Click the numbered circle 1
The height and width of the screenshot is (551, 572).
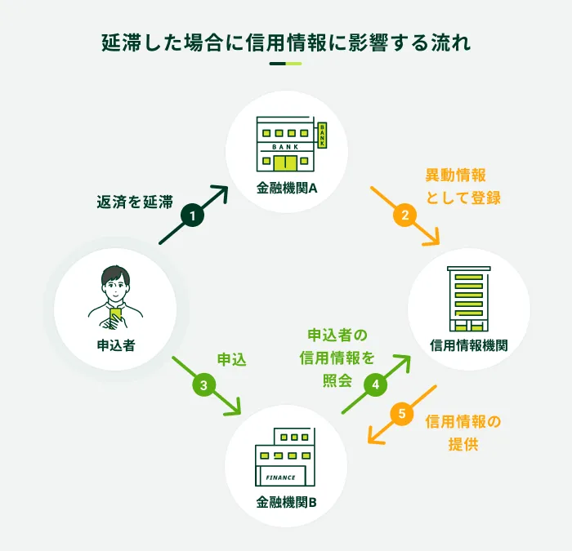(192, 216)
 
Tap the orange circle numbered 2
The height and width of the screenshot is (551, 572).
(404, 216)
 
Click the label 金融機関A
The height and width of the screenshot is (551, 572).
(287, 189)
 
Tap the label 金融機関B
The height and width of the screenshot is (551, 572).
(286, 500)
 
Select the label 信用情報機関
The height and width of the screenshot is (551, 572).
(468, 344)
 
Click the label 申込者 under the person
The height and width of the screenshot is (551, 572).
(115, 344)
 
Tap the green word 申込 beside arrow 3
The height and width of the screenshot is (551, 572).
(231, 358)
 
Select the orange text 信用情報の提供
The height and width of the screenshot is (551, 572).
(463, 433)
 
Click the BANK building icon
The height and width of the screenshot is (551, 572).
(291, 144)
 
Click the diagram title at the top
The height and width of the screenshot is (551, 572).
(286, 42)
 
